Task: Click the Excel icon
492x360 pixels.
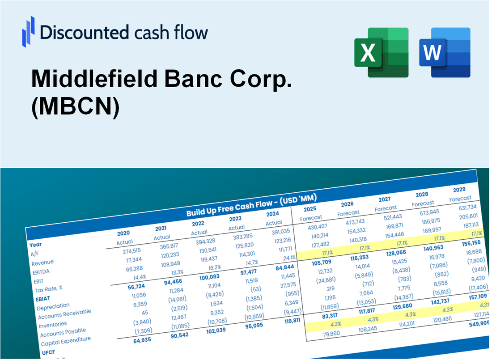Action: (381, 52)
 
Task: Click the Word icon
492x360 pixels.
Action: (445, 52)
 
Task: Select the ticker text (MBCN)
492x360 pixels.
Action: (75, 109)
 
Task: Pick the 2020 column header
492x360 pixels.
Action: (123, 233)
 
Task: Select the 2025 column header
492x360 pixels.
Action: (310, 209)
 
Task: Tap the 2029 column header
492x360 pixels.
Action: (459, 189)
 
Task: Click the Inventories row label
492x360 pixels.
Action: (53, 324)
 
